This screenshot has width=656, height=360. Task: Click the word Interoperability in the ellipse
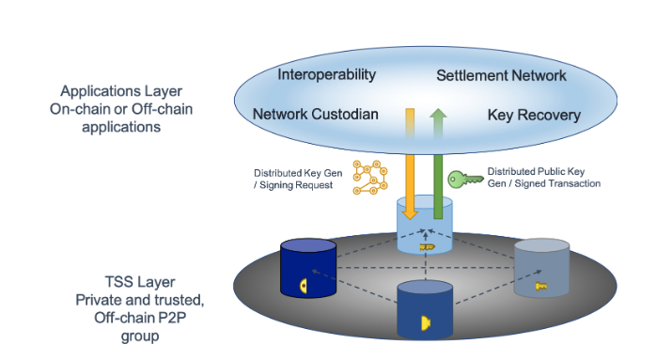coord(327,75)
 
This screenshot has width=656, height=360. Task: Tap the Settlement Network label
coord(501,76)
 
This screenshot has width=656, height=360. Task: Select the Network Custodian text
coord(316,115)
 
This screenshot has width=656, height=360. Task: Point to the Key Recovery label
coord(534,115)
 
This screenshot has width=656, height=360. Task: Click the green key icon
coord(465,180)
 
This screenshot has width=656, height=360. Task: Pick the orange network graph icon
coord(370,177)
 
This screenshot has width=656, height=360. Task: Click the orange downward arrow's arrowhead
coord(410,214)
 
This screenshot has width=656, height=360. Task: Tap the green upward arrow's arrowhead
coord(438,115)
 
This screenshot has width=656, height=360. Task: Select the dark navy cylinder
coord(308,268)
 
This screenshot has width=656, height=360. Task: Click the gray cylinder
coord(541,268)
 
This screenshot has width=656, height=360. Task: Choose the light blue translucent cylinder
coord(425,225)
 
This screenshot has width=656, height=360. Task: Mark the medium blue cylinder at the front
coord(425,310)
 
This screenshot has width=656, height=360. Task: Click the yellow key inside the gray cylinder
coord(541,287)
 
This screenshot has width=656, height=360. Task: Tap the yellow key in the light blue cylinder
coord(428,247)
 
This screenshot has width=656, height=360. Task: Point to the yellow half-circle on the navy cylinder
coord(304,286)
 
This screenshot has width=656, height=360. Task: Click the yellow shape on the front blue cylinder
coord(425,322)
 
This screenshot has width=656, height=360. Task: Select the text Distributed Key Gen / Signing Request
coord(298,180)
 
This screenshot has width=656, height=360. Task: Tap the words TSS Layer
coord(140,282)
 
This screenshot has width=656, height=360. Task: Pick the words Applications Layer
coord(121,91)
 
